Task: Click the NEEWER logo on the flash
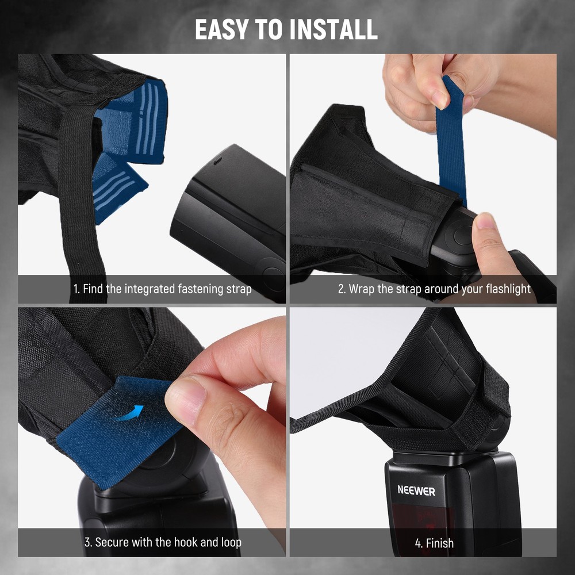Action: pos(416,490)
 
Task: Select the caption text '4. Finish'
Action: pos(434,543)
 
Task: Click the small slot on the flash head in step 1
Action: pos(217,160)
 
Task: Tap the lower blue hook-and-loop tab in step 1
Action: pos(117,189)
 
